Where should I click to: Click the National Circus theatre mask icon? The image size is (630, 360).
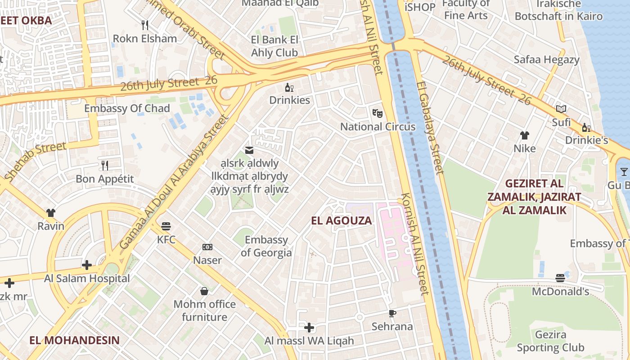point(377,113)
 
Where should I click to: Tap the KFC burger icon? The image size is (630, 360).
point(166,226)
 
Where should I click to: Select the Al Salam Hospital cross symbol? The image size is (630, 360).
point(87,265)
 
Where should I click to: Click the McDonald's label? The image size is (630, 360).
point(560,292)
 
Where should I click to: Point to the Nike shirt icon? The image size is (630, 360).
point(525,135)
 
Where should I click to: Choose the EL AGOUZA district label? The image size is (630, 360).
point(342,220)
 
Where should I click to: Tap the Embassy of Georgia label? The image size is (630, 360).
point(266,246)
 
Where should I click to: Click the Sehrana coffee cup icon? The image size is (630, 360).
point(392,313)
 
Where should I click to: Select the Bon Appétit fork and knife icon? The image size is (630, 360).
point(105,165)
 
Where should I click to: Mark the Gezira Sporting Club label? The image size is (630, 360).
point(550,341)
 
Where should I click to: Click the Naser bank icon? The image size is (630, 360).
point(207,247)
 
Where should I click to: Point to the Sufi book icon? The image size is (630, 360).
point(561,109)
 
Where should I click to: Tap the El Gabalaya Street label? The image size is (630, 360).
point(431,128)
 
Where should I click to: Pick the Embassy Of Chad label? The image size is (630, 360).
point(127,108)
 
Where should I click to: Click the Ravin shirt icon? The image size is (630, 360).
point(50,212)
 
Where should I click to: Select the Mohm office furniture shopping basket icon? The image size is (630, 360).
point(204,291)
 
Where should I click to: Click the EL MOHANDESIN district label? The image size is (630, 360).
point(75,340)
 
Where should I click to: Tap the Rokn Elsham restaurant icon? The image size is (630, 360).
point(144,25)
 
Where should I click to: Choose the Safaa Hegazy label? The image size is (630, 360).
point(547,59)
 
